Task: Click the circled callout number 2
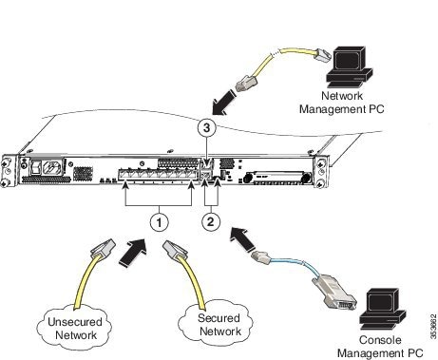coord(212,221)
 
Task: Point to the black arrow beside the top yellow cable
coord(229,98)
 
